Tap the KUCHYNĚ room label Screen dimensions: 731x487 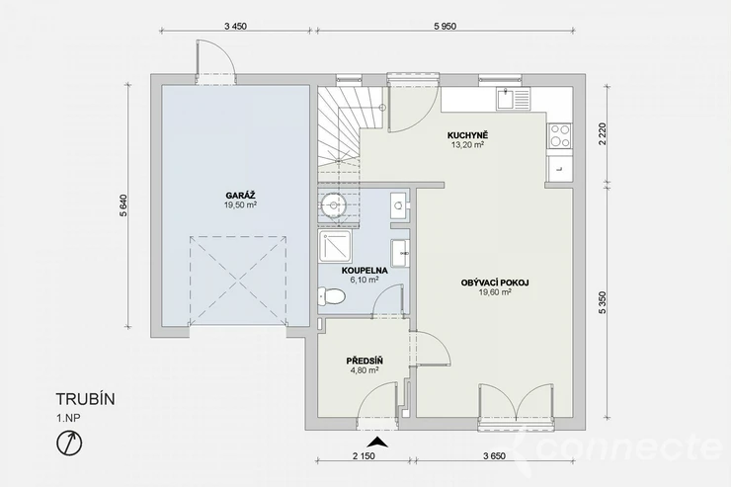[x=467, y=135]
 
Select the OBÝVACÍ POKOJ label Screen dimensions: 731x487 [x=495, y=283]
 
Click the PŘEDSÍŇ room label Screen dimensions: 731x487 [x=365, y=361]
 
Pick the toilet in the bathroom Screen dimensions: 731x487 [x=332, y=296]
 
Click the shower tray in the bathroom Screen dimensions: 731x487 [x=335, y=248]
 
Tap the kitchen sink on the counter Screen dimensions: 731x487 [x=513, y=99]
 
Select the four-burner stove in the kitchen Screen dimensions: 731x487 [x=559, y=135]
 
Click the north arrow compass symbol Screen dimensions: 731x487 [x=69, y=443]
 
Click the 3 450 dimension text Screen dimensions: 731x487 [x=235, y=26]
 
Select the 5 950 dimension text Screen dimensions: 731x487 [x=446, y=26]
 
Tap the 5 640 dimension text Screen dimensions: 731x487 [x=123, y=205]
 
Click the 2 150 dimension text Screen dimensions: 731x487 [x=364, y=456]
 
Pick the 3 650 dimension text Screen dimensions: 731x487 [x=494, y=456]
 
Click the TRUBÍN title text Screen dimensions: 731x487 [x=85, y=399]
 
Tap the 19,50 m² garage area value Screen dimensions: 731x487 [x=241, y=204]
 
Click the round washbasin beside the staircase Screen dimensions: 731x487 [x=333, y=203]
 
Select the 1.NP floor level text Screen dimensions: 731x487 [x=68, y=418]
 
